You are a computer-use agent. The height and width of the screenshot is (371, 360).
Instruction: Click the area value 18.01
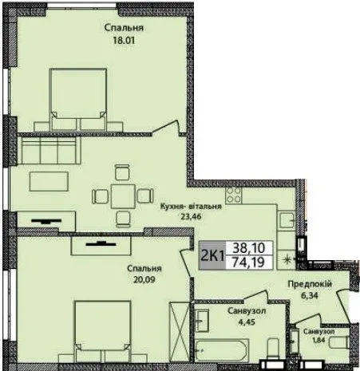(124, 41)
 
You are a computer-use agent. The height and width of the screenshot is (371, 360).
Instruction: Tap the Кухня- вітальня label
(191, 207)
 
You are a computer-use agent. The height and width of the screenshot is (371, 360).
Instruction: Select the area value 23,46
(191, 216)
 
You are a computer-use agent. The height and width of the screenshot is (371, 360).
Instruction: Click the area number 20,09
(144, 279)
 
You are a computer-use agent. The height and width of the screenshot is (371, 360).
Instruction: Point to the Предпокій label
(310, 284)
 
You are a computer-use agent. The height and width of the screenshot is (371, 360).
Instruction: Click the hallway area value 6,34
(310, 295)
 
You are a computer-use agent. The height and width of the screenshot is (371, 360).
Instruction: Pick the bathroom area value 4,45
(247, 322)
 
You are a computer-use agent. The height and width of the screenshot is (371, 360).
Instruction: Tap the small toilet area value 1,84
(318, 340)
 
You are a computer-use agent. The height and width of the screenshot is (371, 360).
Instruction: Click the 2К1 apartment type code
(212, 256)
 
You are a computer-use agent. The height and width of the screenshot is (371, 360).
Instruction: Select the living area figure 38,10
(249, 248)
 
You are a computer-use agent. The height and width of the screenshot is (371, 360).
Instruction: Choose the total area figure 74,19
(249, 262)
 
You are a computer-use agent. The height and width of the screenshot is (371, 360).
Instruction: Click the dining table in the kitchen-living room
(123, 196)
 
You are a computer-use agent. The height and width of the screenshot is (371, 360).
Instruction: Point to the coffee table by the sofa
(49, 181)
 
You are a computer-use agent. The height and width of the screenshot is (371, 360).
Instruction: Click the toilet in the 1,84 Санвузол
(338, 342)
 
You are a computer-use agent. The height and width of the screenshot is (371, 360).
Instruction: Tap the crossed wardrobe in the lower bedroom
(180, 332)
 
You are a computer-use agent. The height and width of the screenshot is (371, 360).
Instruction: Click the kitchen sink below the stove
(287, 220)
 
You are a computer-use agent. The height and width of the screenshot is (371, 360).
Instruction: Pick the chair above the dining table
(123, 172)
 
